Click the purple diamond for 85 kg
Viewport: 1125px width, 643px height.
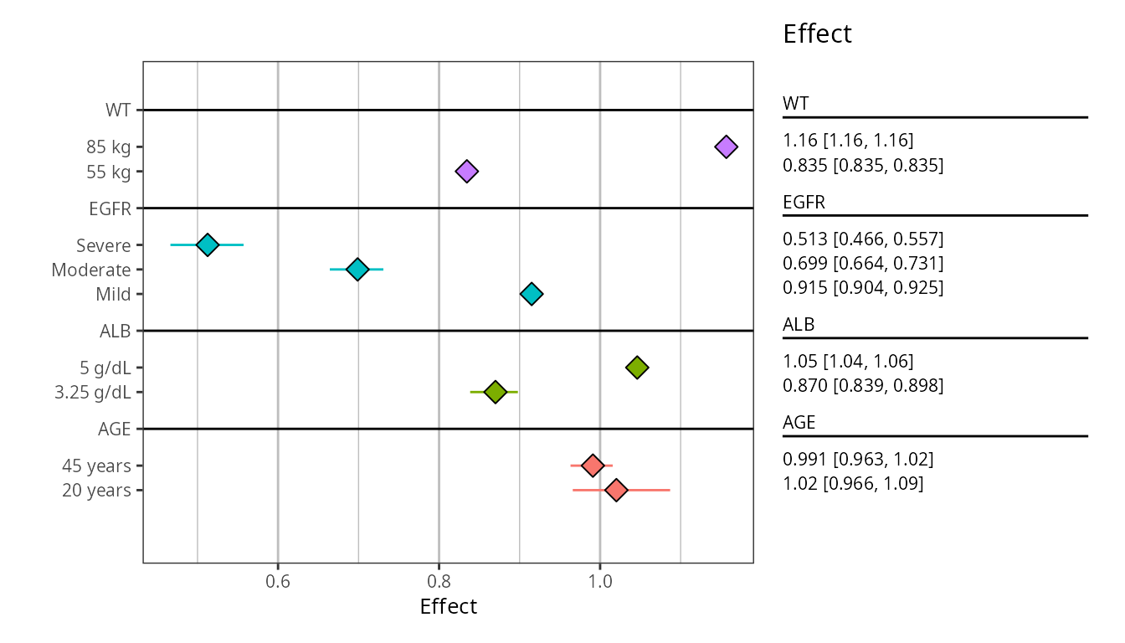[x=726, y=147]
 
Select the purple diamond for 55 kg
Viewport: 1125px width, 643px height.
[x=466, y=172]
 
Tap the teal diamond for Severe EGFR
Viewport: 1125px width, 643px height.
[x=207, y=244]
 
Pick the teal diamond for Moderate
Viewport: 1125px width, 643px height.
[x=357, y=270]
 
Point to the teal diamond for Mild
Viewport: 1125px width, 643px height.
[x=531, y=294]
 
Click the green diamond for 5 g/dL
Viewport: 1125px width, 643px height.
[x=637, y=368]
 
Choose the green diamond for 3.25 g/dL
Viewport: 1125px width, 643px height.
[x=495, y=392]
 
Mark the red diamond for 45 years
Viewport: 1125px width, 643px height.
[x=593, y=466]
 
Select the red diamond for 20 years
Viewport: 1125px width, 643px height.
[x=616, y=490]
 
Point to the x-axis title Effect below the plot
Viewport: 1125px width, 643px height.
[x=448, y=607]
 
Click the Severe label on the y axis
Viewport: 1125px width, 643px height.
[x=103, y=245]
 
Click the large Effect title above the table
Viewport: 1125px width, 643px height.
[x=817, y=34]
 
